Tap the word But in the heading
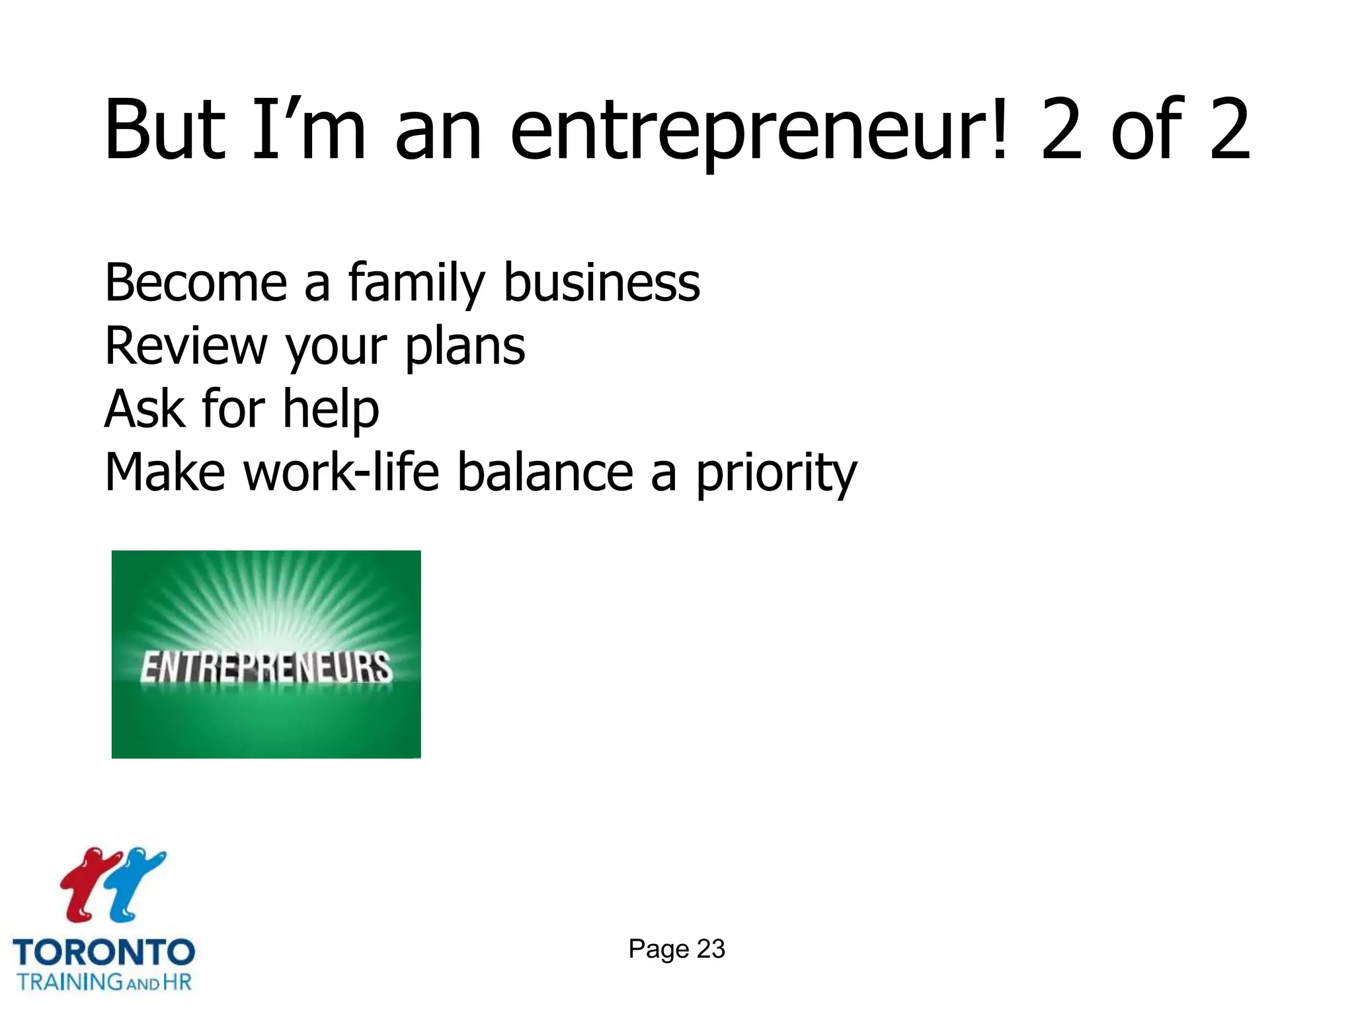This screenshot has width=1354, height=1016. pos(165,130)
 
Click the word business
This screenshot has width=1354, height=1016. pos(602,283)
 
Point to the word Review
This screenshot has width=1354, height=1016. pos(186,347)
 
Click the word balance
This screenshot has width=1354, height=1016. pos(545,472)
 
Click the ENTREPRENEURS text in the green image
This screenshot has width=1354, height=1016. pos(266,667)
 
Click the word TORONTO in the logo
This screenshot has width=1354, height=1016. pos(104,952)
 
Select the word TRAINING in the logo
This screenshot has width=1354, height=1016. pos(70,982)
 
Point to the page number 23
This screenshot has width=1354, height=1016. pos(711,949)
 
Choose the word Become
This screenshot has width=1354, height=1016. pos(196,283)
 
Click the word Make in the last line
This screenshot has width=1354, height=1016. pos(165,472)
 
